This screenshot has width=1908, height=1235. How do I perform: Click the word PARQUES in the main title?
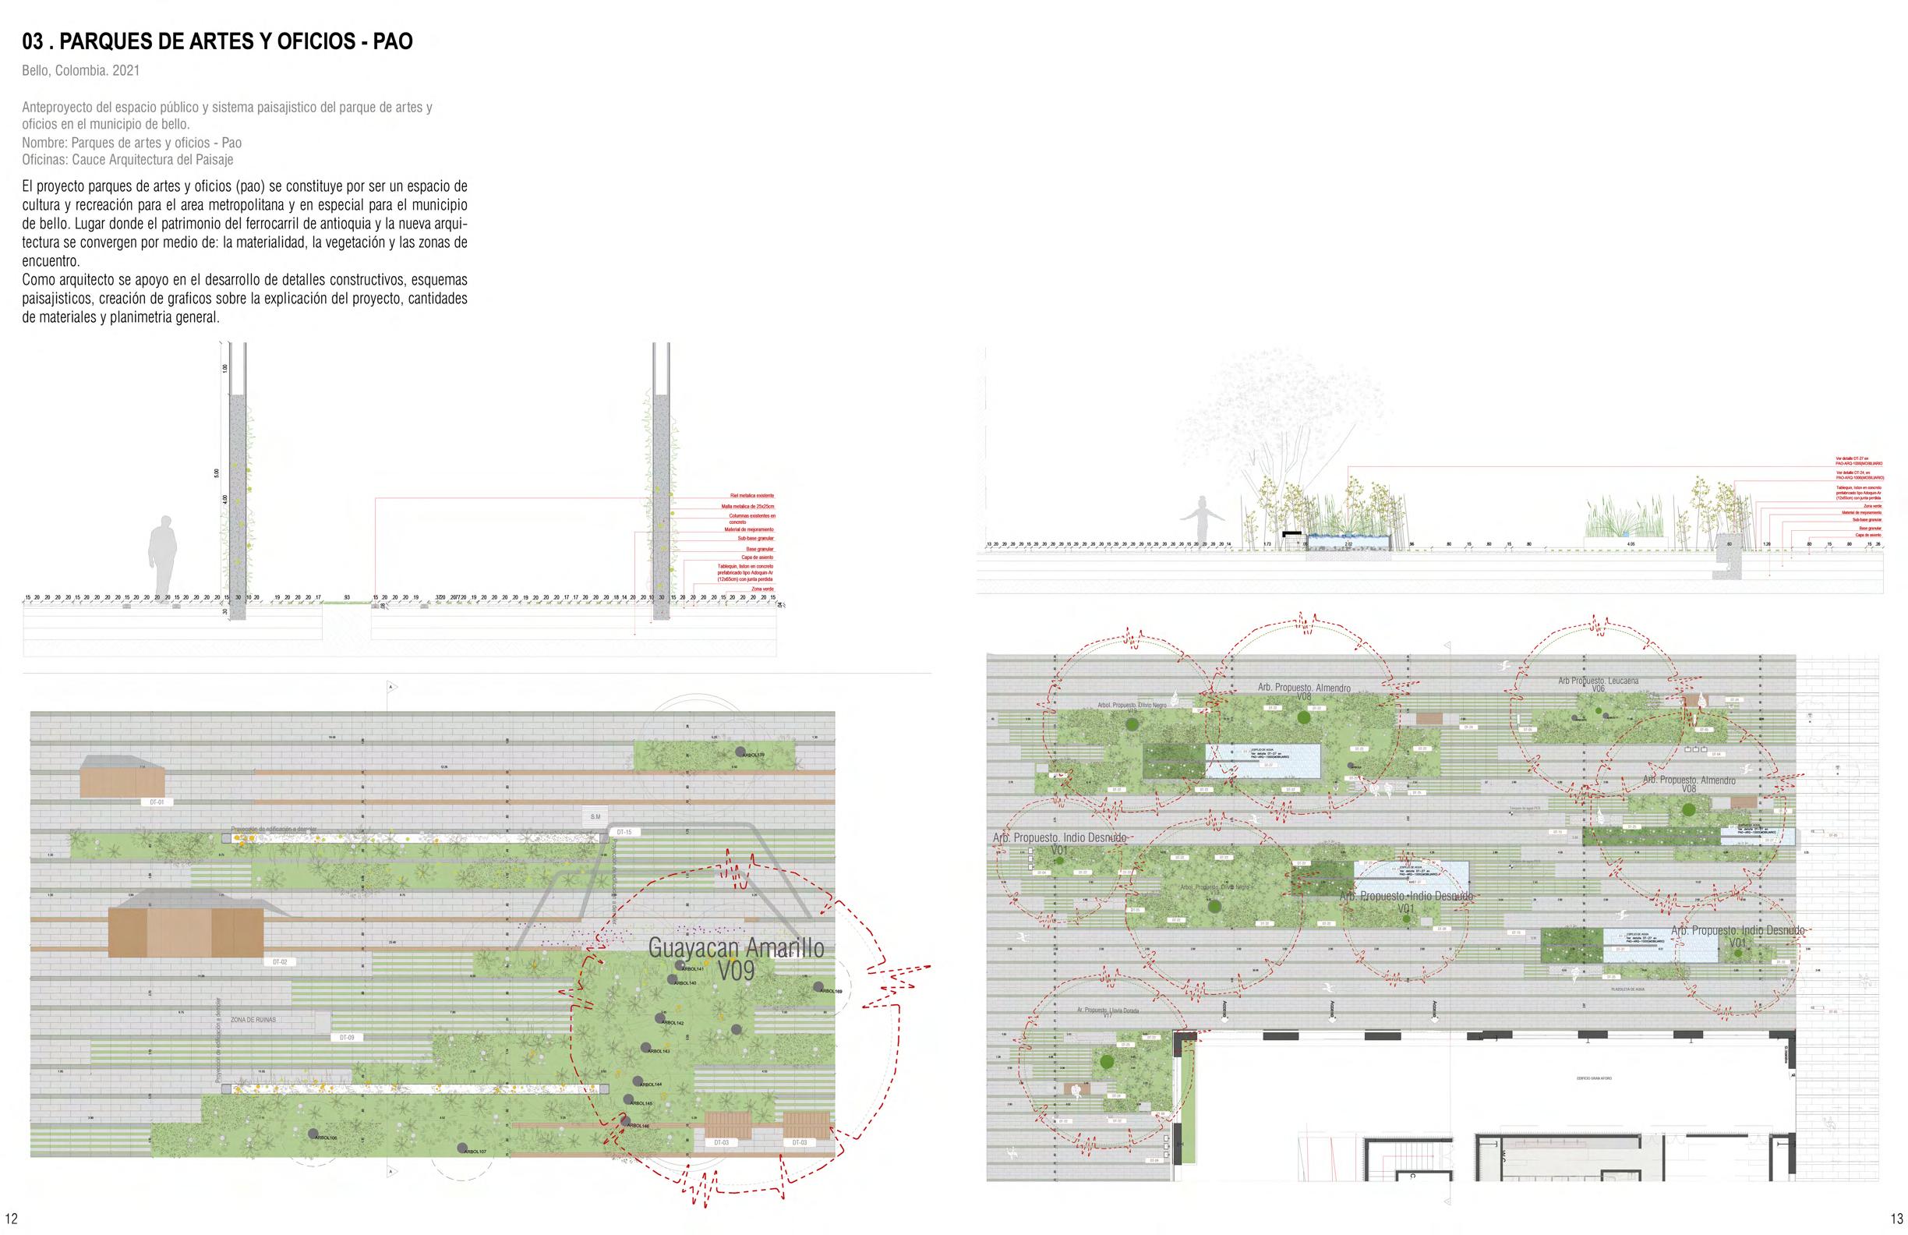pyautogui.click(x=101, y=41)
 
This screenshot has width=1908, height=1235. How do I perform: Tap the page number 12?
pyautogui.click(x=11, y=1219)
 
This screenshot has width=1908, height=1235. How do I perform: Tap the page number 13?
pyautogui.click(x=1896, y=1219)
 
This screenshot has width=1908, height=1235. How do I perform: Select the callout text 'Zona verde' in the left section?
pyautogui.click(x=761, y=589)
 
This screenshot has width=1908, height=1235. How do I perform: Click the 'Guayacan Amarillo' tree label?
pyautogui.click(x=735, y=949)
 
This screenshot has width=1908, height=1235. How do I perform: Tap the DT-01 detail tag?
pyautogui.click(x=157, y=802)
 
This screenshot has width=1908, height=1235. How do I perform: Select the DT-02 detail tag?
pyautogui.click(x=280, y=961)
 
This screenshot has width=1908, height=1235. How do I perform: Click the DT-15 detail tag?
pyautogui.click(x=624, y=833)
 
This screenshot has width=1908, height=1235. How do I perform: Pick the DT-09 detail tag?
pyautogui.click(x=346, y=1037)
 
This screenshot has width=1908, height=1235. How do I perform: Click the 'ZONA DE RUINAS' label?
pyautogui.click(x=253, y=1019)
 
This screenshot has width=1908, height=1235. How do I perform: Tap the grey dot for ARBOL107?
pyautogui.click(x=461, y=1148)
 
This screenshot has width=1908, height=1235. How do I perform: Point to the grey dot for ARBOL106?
pyautogui.click(x=312, y=1134)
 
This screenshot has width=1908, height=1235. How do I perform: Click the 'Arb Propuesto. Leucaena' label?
pyautogui.click(x=1598, y=681)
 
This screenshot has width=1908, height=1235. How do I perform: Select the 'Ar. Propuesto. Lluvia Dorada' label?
pyautogui.click(x=1107, y=1010)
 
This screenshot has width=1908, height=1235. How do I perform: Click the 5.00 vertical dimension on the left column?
pyautogui.click(x=217, y=473)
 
